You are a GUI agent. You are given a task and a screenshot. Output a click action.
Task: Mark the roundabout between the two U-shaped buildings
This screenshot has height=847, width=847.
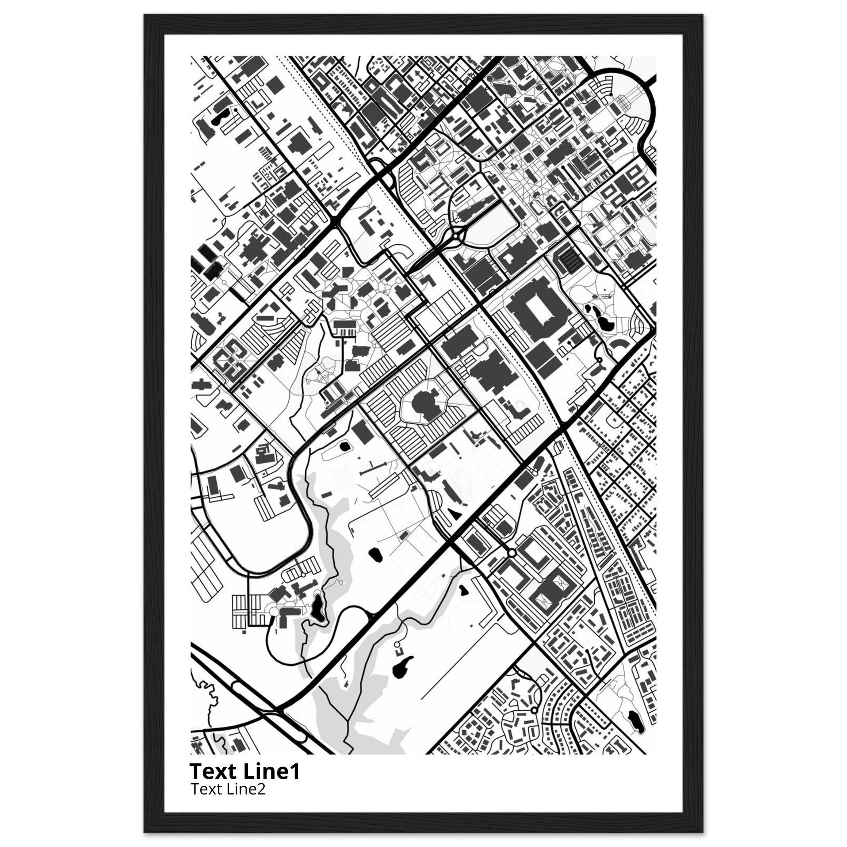point(512,554)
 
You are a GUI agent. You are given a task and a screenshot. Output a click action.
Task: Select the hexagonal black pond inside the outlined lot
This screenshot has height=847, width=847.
point(345,447)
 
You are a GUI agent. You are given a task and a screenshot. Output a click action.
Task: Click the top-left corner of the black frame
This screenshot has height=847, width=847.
point(145,15)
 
